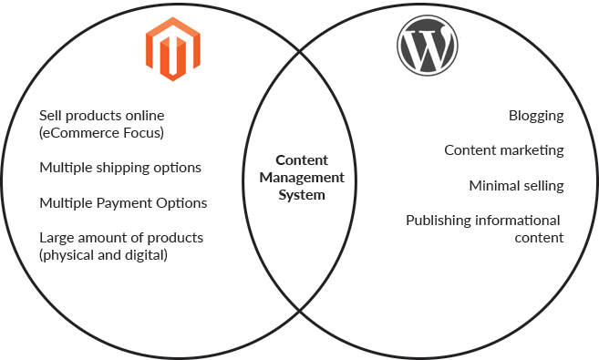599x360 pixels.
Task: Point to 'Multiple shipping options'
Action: coord(120,168)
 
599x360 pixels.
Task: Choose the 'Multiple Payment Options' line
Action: coord(123,202)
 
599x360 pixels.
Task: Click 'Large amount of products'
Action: coord(121,237)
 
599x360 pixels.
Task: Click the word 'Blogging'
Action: coord(536,116)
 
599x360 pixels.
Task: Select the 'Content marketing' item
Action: coord(504,150)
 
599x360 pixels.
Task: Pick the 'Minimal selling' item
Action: coord(516,185)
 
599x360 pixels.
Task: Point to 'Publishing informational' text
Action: coord(482,220)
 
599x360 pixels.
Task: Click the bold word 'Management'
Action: coord(299,177)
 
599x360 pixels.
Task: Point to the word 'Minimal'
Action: coord(493,185)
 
